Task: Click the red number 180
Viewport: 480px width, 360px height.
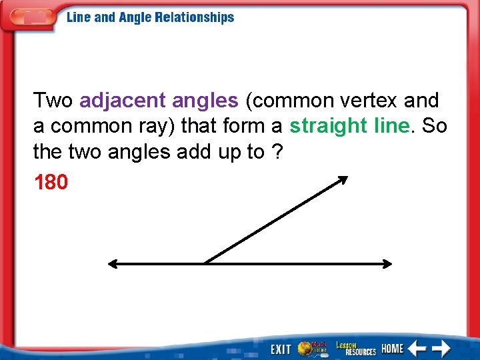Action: [51, 182]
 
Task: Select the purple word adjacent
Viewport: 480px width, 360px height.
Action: [122, 101]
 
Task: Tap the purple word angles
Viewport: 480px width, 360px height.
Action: [205, 101]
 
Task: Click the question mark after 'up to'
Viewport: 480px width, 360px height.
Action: [275, 152]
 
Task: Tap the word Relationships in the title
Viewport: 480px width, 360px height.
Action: [194, 17]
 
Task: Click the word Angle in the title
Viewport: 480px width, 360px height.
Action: [135, 17]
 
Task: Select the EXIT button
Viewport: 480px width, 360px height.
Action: [281, 349]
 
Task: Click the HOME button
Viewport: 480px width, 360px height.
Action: [393, 348]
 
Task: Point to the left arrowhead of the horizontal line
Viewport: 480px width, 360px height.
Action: [112, 264]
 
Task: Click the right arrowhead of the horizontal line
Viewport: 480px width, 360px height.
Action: [388, 264]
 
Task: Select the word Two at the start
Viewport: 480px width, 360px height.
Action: [53, 101]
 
